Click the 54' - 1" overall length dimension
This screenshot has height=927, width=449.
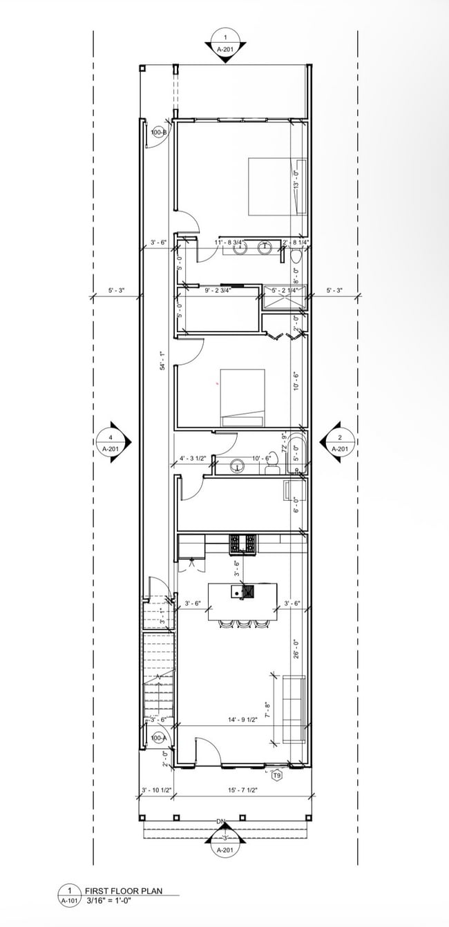(163, 361)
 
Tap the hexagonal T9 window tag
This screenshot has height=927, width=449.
(277, 775)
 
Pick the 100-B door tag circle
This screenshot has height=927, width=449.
(158, 132)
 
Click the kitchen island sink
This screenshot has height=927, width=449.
(237, 592)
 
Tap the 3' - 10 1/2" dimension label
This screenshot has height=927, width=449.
(155, 790)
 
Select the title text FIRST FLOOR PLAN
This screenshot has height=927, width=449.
(123, 891)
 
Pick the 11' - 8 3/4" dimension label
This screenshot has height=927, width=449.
(228, 242)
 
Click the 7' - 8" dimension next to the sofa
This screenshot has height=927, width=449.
(268, 709)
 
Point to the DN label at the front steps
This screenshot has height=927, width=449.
(222, 821)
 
